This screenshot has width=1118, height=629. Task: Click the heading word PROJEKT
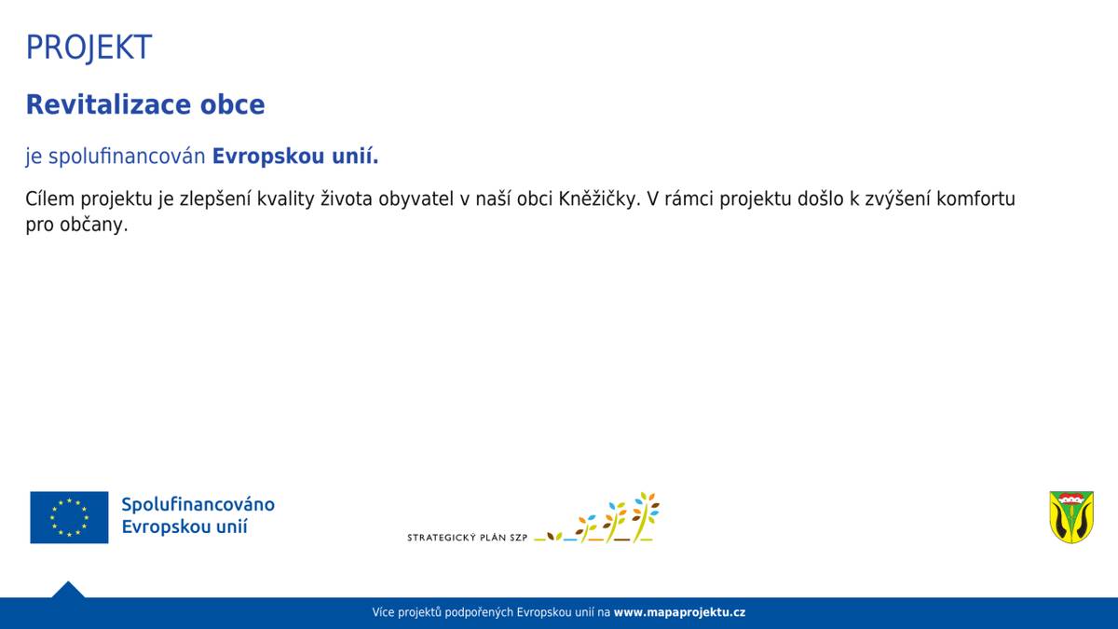89,47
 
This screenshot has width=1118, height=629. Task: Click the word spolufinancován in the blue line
127,157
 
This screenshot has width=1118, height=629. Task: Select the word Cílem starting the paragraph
49,199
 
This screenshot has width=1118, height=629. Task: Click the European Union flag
69,517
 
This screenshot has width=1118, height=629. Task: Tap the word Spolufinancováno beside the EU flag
198,504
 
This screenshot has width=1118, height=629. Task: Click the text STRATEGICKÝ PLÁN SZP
467,538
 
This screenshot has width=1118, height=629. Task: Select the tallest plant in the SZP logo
646,515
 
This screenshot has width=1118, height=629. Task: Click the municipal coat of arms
1071,517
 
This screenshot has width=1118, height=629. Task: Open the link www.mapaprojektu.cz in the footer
679,613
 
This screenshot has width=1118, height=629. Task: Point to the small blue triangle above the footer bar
68,590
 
